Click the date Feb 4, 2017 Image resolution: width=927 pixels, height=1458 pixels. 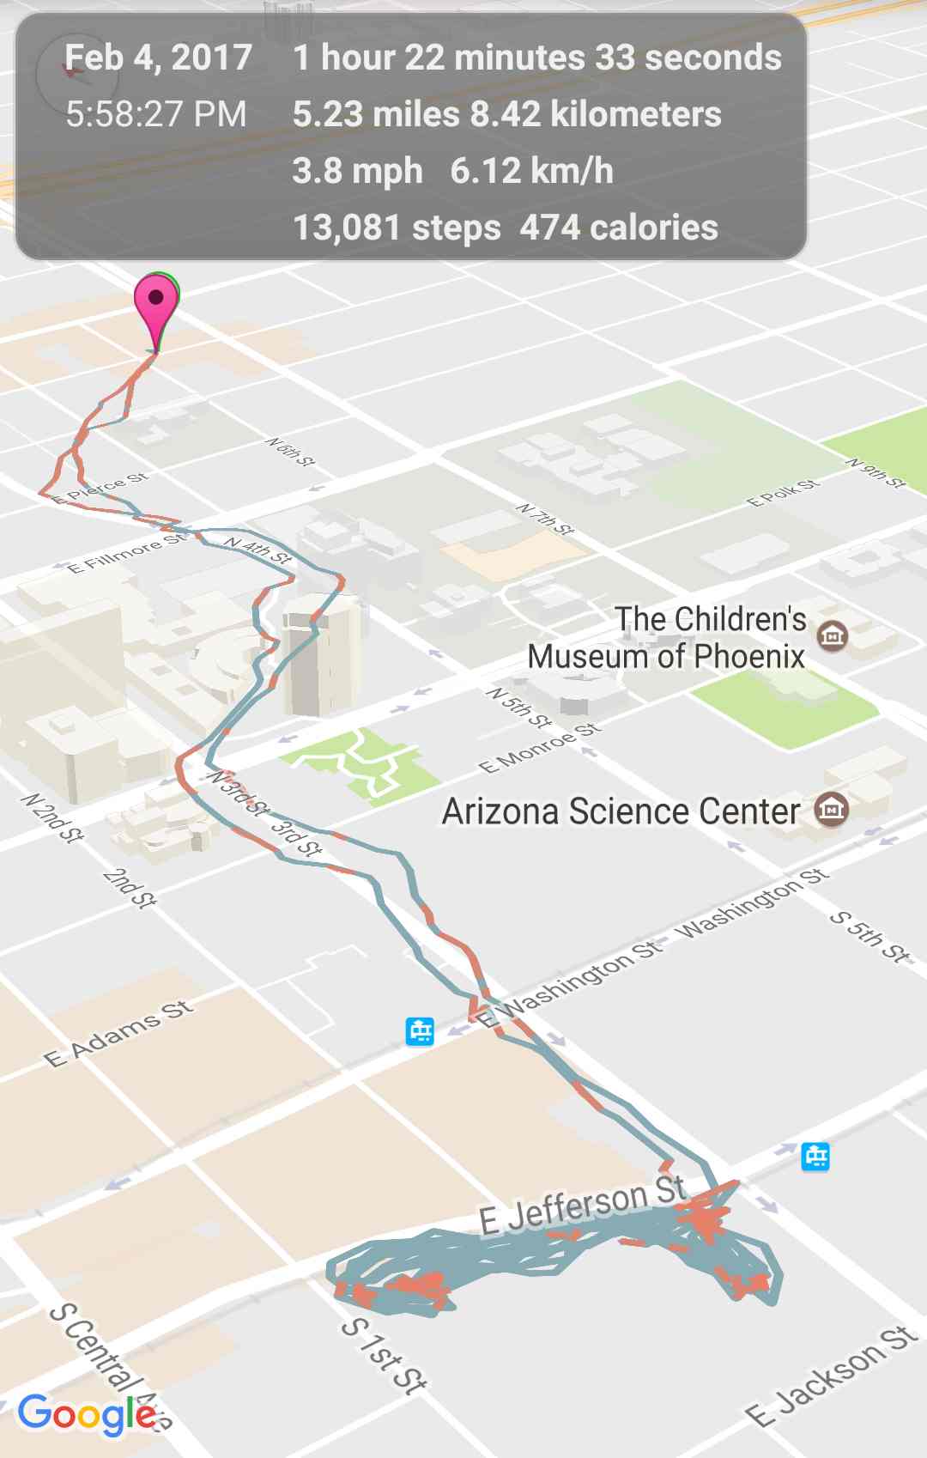pos(158,58)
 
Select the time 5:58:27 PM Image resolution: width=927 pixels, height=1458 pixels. pos(156,114)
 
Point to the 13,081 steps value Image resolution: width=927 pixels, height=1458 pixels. pos(397,228)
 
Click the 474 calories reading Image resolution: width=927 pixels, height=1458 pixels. pos(619,228)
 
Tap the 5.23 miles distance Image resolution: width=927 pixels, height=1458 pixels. pos(376,114)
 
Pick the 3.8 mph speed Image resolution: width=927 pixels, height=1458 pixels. pos(357,171)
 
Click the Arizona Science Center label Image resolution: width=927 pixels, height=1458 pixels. pos(621,811)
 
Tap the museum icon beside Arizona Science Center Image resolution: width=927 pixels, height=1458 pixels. pos(831,809)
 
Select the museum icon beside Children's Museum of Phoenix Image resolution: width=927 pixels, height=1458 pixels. pos(832,635)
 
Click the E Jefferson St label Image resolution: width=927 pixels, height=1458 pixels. pos(584,1206)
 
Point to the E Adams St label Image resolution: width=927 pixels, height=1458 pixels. pos(119,1033)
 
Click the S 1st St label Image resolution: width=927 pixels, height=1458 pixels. pos(384,1354)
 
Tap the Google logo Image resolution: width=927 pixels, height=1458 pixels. pos(87,1414)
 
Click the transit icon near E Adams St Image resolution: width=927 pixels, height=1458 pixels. pos(420,1030)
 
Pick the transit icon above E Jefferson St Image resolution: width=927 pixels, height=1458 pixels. pos(815,1157)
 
